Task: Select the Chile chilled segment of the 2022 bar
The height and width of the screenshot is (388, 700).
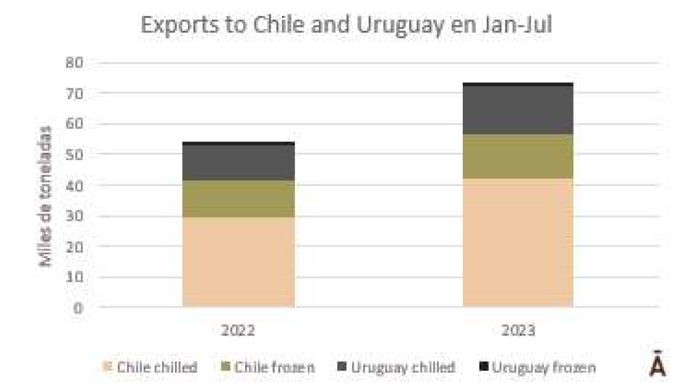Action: tap(239, 262)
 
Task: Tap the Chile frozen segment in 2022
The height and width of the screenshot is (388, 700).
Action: tap(239, 199)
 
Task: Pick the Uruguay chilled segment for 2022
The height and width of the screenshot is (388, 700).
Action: tap(239, 163)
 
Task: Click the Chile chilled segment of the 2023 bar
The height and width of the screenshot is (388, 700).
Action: tap(518, 242)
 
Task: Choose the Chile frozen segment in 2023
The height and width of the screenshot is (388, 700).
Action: tap(518, 156)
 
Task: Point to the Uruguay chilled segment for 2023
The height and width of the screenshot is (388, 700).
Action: tap(518, 110)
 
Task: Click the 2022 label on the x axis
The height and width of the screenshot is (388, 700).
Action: tap(239, 330)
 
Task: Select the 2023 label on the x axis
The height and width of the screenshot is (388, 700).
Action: tap(518, 330)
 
